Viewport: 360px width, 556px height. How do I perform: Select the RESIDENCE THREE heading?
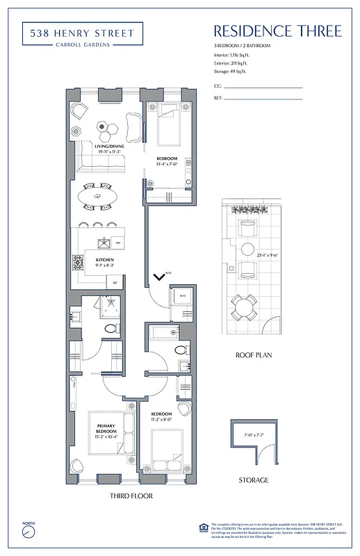tap(277, 31)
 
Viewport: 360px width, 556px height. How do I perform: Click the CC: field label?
tap(218, 87)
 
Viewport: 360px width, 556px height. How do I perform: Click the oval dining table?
tap(97, 197)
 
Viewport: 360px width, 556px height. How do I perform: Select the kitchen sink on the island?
tap(104, 243)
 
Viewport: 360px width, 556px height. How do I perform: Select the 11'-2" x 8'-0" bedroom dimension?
tap(164, 420)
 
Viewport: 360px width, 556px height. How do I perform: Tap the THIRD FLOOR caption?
tap(131, 496)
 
